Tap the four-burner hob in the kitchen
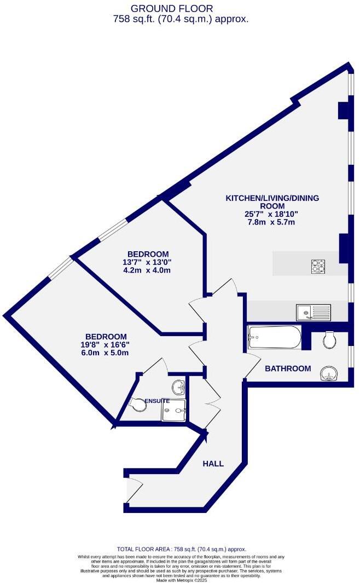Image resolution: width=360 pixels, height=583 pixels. click(318, 266)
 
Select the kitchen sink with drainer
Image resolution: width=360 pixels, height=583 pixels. click(313, 313)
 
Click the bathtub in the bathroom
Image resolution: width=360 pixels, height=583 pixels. click(274, 337)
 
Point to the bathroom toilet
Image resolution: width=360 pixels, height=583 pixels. click(330, 340)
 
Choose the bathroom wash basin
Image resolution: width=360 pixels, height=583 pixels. click(330, 373)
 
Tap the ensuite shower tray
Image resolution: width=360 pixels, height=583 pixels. click(173, 411)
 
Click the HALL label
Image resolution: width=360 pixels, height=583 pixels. click(213, 464)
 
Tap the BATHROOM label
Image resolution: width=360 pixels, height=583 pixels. click(288, 368)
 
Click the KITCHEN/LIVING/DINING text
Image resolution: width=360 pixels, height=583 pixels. click(272, 198)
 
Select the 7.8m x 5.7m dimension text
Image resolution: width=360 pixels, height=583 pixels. click(271, 222)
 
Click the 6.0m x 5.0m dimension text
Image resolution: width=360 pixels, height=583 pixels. click(106, 353)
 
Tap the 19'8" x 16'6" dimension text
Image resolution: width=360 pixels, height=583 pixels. click(106, 344)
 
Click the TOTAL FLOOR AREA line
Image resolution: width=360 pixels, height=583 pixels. click(182, 549)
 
